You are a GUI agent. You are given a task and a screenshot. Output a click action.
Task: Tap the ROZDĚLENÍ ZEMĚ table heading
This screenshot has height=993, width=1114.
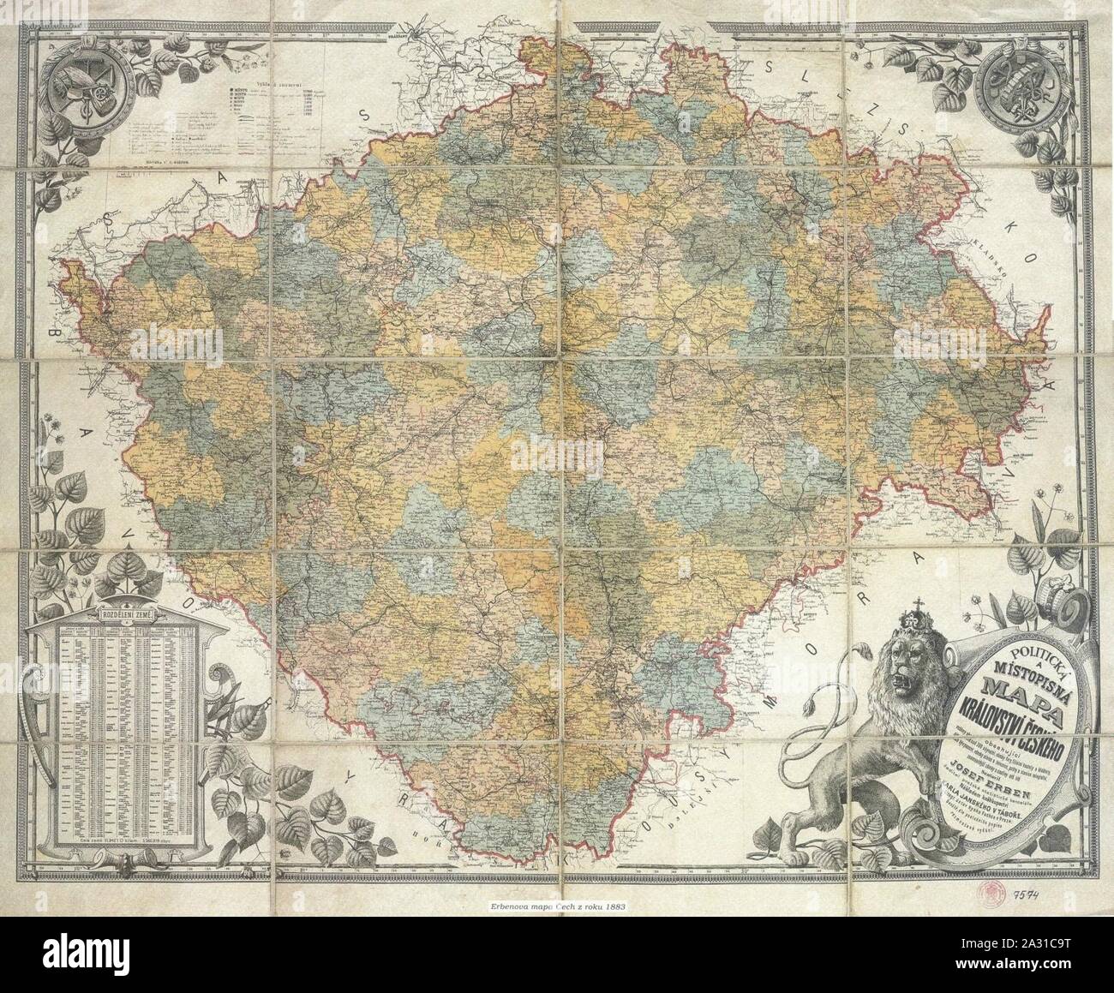tap(127, 615)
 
